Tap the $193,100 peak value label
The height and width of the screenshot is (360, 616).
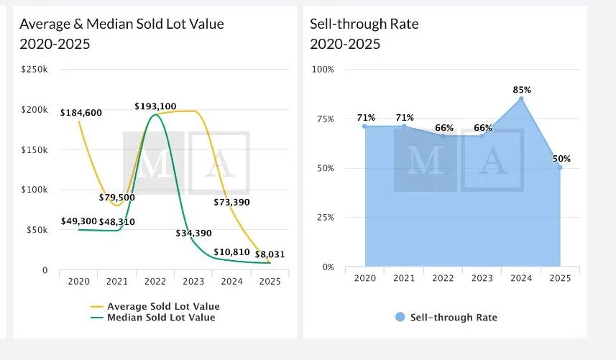[155, 106]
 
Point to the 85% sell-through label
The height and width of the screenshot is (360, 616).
[522, 90]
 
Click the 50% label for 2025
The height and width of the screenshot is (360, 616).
[561, 159]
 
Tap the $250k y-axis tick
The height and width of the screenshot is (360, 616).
[34, 70]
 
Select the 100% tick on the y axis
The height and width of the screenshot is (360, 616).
[323, 70]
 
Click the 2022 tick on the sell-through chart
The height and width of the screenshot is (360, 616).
[443, 279]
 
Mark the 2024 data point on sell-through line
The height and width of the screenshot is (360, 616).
[521, 99]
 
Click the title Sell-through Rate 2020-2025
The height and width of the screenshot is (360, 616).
[364, 34]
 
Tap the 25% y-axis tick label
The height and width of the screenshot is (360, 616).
[325, 218]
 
